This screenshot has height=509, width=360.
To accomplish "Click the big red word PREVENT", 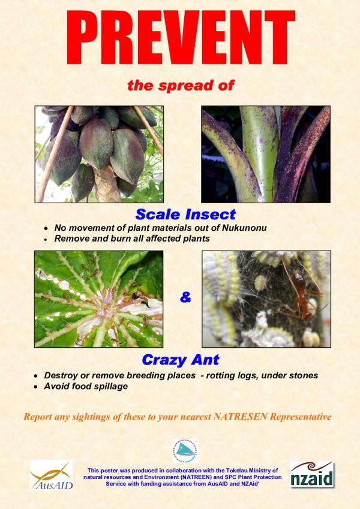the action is [x=181, y=37].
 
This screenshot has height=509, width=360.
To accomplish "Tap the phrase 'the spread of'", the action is [x=181, y=85].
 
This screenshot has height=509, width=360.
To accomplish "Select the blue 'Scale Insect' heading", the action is [x=185, y=214].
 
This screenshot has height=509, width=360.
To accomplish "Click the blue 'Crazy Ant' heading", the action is [x=181, y=360].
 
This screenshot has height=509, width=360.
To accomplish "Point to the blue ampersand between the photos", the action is [x=185, y=297].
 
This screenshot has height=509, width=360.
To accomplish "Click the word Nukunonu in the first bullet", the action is [x=244, y=228].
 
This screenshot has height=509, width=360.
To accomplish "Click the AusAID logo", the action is [x=52, y=475].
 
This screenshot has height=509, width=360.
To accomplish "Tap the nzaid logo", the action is [x=312, y=475].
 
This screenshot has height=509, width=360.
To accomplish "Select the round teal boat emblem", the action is [x=185, y=451].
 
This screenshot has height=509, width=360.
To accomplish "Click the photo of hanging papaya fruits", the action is [x=99, y=154].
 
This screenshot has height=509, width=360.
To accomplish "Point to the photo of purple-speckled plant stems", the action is [x=266, y=154].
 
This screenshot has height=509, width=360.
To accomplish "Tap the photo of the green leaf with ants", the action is [x=99, y=299].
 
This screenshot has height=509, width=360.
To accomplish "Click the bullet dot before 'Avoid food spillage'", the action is [x=36, y=387].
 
